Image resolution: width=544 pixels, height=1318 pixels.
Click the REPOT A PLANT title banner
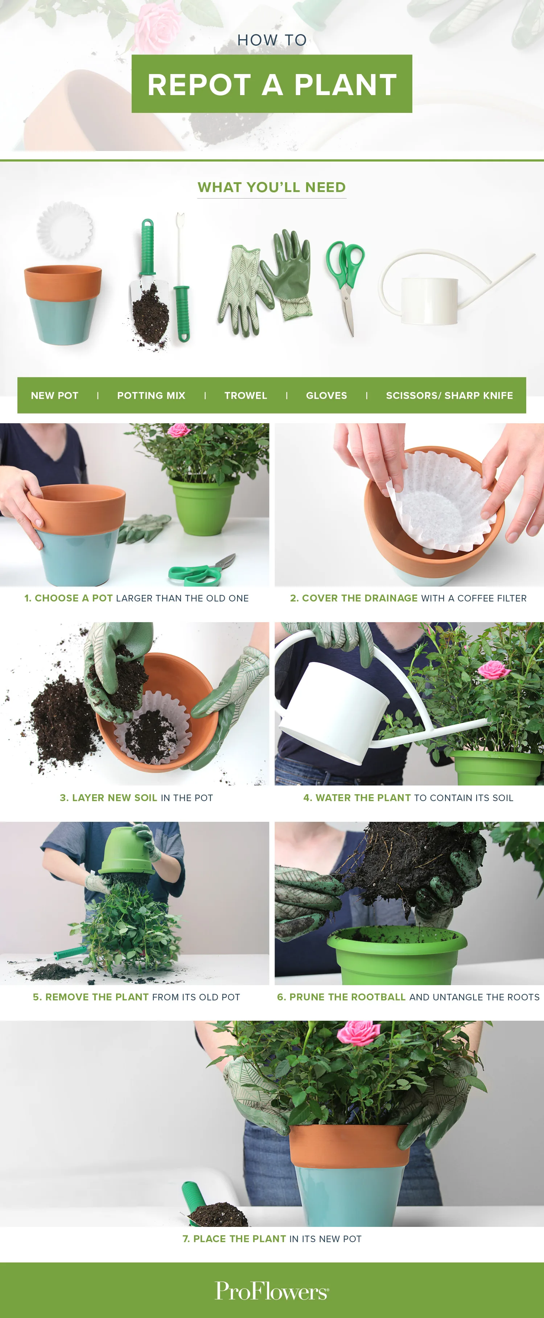pos(272,84)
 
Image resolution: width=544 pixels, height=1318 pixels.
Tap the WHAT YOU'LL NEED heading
pos(272,187)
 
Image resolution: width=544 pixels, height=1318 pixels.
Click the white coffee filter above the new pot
pos(65,229)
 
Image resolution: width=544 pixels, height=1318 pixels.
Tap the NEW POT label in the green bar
pos(55,396)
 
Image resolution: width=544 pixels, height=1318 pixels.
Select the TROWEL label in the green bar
pos(246,396)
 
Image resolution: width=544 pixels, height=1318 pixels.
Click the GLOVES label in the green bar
pos(326,396)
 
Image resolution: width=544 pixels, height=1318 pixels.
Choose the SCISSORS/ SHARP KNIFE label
pos(449,396)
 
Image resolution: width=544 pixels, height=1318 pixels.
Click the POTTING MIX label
pos(151,396)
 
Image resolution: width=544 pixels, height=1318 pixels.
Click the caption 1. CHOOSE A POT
pos(136,598)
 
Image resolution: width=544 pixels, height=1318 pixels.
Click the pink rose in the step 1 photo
pos(178,430)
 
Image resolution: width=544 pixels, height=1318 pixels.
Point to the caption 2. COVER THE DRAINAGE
pos(408,598)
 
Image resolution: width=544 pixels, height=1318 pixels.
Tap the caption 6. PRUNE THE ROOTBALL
pos(408,997)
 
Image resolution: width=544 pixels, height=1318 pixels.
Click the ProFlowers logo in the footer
pos(272,1290)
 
